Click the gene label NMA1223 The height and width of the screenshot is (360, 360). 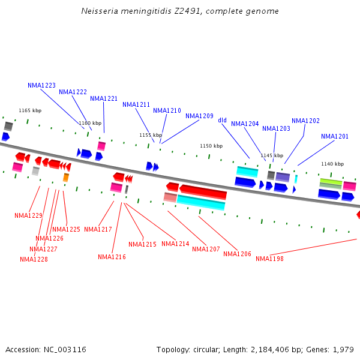[x=41, y=85]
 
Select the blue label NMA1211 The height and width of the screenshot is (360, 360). [x=136, y=104]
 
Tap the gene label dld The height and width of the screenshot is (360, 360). [x=222, y=120]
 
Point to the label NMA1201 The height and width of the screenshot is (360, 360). [x=334, y=136]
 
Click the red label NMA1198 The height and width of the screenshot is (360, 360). [x=269, y=259]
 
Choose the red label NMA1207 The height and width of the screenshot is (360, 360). [x=206, y=249]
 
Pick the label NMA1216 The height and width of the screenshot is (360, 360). [x=112, y=257]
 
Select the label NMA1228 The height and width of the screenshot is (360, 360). [x=34, y=259]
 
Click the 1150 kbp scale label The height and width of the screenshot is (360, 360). [x=211, y=146]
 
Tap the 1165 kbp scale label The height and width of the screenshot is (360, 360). [x=30, y=110]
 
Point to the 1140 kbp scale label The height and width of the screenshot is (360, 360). [x=332, y=164]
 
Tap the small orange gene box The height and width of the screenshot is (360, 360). [x=66, y=178]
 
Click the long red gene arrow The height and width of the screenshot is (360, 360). [x=203, y=192]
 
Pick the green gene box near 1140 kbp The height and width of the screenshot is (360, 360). [x=331, y=182]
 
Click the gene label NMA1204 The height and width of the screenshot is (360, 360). [x=245, y=124]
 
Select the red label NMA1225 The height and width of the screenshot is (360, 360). [x=66, y=229]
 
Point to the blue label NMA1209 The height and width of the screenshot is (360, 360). [x=199, y=116]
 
